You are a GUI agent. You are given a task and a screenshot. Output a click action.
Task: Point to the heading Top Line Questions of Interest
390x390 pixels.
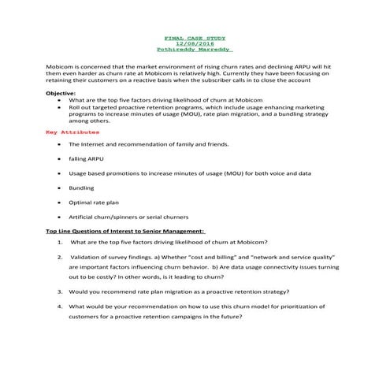[x=124, y=231]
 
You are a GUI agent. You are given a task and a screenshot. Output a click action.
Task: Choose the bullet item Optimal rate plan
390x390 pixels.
[x=93, y=202]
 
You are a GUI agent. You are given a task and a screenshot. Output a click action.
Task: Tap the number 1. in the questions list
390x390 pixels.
[x=61, y=242]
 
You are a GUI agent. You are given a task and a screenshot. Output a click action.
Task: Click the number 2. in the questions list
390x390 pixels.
[x=61, y=257]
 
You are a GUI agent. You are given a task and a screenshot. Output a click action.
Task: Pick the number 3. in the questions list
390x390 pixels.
[x=61, y=291]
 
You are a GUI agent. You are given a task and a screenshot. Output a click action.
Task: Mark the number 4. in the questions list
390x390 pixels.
[x=61, y=306]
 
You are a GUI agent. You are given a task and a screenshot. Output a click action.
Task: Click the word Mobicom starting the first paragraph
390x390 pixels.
[x=61, y=67]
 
